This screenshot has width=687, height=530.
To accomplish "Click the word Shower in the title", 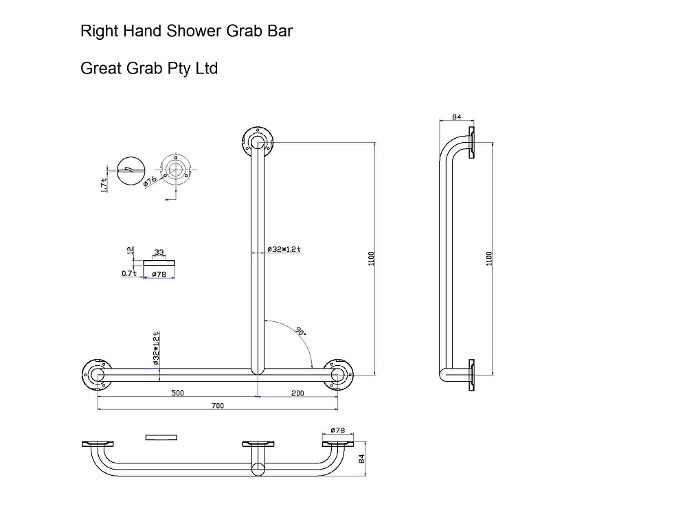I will [190, 32].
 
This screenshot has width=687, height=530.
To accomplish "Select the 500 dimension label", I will [177, 393].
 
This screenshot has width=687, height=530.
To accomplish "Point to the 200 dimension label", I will [298, 393].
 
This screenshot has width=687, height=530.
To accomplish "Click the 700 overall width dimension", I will [217, 406].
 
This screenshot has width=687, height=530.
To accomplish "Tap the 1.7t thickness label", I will [103, 183].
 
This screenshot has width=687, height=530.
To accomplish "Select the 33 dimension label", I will [159, 253].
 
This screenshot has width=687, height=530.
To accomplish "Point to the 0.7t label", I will [129, 273].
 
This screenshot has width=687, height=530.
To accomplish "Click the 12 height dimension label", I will [131, 251].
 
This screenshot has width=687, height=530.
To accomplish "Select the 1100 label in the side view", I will [489, 258].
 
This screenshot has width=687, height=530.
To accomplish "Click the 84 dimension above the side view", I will [458, 117].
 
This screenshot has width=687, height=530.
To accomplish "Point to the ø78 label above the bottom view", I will [337, 430].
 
